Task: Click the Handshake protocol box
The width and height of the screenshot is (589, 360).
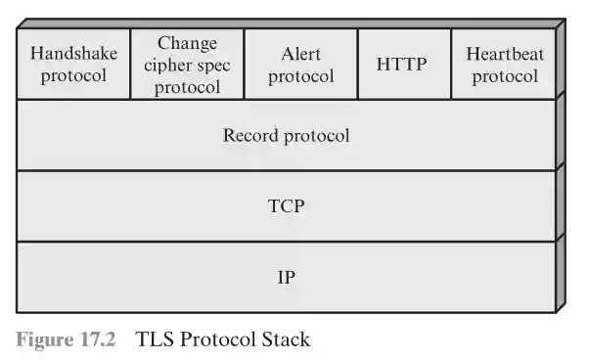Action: point(73,65)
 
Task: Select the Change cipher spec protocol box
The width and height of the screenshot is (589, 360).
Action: point(187,65)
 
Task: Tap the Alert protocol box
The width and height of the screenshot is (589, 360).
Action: point(300,65)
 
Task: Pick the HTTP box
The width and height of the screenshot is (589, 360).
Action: point(403,65)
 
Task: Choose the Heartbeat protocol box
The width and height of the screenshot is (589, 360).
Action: point(504,65)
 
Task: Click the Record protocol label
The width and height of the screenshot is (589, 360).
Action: point(286,135)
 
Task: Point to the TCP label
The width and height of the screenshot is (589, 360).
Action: point(286,206)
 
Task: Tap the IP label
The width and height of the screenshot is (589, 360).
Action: point(286,277)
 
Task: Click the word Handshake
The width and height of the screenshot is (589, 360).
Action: point(73,53)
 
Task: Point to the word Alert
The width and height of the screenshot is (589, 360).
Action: point(300,54)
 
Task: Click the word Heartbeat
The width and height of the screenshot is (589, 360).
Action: point(504,54)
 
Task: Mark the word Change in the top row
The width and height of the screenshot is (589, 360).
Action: point(187,44)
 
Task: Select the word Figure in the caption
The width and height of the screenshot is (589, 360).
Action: point(47,339)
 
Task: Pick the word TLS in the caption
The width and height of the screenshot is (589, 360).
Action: point(155,339)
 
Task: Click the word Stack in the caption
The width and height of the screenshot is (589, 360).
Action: point(285,339)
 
